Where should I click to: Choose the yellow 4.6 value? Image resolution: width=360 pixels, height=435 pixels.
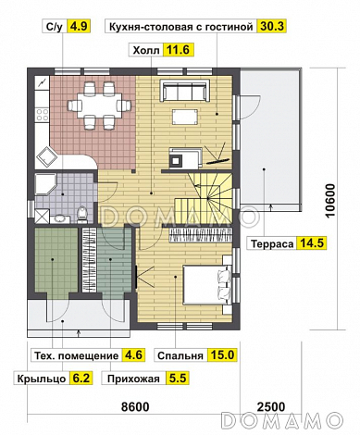pyautogui.click(x=134, y=354)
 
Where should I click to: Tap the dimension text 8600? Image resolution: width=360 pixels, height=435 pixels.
pyautogui.click(x=140, y=407)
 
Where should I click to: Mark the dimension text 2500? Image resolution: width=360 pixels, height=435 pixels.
pyautogui.click(x=272, y=407)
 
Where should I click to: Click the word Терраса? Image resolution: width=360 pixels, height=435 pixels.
pyautogui.click(x=271, y=245)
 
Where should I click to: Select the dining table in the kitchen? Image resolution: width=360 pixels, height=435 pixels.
pyautogui.click(x=97, y=104)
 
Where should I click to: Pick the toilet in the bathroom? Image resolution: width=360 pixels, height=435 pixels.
pyautogui.click(x=83, y=215)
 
